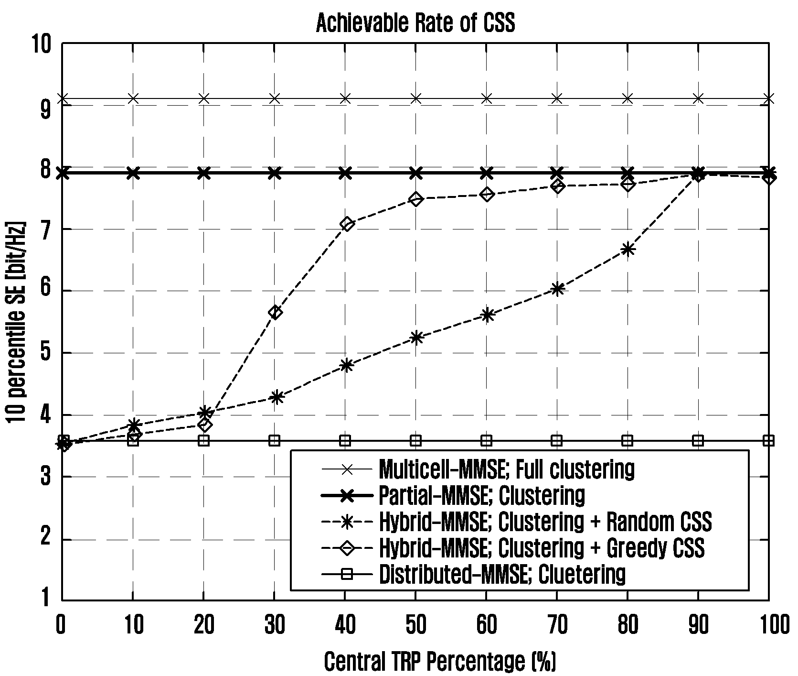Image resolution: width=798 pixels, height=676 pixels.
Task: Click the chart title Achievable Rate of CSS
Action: coord(415,23)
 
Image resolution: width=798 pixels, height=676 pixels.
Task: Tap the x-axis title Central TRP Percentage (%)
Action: coord(440,662)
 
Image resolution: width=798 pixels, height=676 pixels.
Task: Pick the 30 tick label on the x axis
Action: coord(274,624)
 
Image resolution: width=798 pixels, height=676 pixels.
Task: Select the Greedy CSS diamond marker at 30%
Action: coord(275,313)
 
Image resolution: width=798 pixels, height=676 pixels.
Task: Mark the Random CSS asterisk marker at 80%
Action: coord(628,250)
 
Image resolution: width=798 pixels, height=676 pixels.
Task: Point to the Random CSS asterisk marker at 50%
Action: coord(416,338)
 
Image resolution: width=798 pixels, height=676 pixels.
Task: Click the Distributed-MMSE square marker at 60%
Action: coord(487,440)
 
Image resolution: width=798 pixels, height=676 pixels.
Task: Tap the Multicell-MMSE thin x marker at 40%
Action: coord(345,98)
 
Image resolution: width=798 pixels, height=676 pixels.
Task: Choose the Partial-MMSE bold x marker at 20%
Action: coord(204,173)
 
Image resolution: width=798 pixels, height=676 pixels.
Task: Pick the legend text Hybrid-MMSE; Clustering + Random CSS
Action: coord(545,522)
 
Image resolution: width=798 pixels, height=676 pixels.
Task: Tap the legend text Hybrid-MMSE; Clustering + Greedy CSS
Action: coord(541,548)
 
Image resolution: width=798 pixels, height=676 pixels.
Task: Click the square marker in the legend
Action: coord(348,574)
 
